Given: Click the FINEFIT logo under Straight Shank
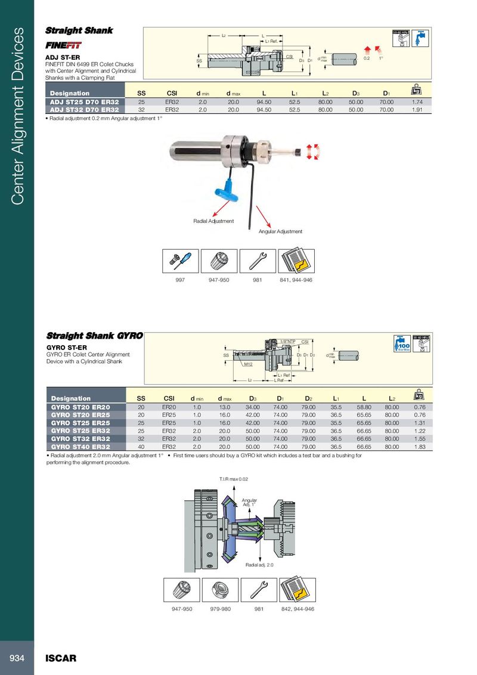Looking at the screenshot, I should [x=64, y=45].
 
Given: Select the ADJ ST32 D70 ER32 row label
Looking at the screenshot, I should [x=84, y=110].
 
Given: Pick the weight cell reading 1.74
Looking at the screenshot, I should [x=417, y=102].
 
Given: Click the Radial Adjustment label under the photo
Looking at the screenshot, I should [x=213, y=221].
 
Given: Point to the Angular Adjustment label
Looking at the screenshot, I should [x=280, y=231].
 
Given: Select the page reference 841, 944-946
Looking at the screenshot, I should [x=296, y=280].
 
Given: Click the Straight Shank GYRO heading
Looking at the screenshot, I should [x=94, y=336].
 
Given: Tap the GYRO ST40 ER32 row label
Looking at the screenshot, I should [x=80, y=446].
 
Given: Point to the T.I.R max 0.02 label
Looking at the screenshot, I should [x=234, y=479].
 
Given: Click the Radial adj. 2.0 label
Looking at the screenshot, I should [x=259, y=565].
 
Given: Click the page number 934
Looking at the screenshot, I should [x=16, y=658].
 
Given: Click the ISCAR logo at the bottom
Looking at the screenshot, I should [x=61, y=659].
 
